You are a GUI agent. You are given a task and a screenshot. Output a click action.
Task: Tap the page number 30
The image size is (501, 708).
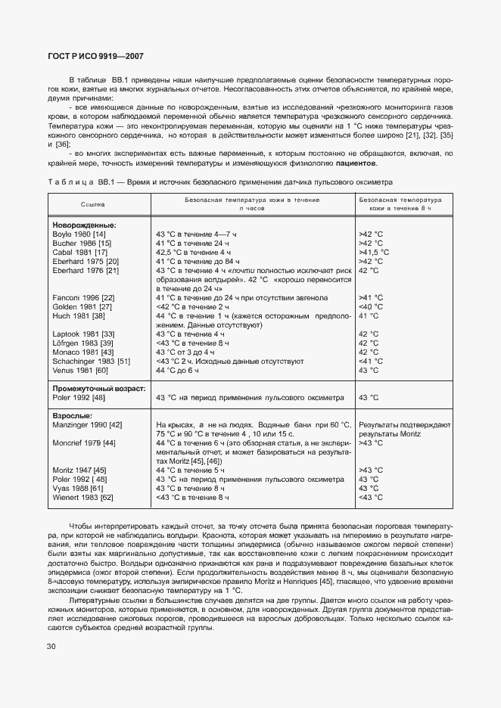(51, 646)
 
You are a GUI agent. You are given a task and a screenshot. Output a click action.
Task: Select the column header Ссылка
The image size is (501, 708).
(93, 204)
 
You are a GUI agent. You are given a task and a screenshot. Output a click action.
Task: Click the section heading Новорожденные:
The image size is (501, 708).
(84, 225)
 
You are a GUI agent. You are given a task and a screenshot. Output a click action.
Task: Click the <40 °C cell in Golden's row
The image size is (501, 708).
(371, 306)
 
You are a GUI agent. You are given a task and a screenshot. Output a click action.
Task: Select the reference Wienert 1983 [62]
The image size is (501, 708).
(82, 497)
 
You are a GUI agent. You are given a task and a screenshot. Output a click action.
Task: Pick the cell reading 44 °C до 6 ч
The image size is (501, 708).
(177, 370)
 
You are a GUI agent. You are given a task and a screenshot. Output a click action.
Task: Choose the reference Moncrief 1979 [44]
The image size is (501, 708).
(84, 442)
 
